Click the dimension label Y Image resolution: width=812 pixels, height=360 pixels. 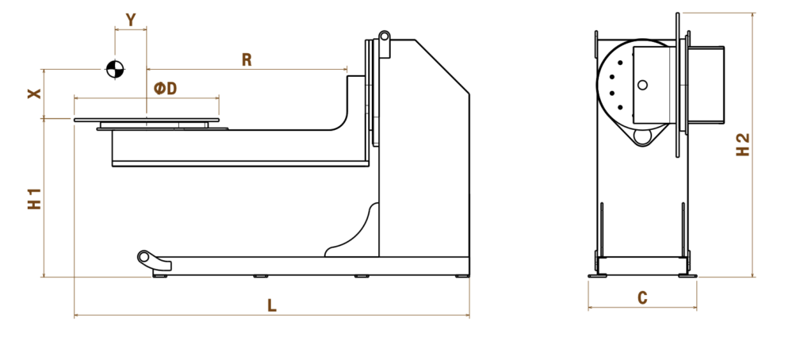coord(131,20)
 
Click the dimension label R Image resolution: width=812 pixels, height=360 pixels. coord(247,60)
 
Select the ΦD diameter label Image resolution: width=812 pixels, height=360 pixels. coord(166,89)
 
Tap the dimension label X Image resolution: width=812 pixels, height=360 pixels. coord(34,94)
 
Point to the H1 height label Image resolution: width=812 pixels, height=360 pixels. coord(34,198)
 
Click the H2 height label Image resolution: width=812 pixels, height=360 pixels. coord(742,144)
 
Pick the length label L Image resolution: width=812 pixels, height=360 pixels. coord(272,305)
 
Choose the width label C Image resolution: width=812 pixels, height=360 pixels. coord(642,298)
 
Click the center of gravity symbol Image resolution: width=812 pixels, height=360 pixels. coord(115,69)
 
